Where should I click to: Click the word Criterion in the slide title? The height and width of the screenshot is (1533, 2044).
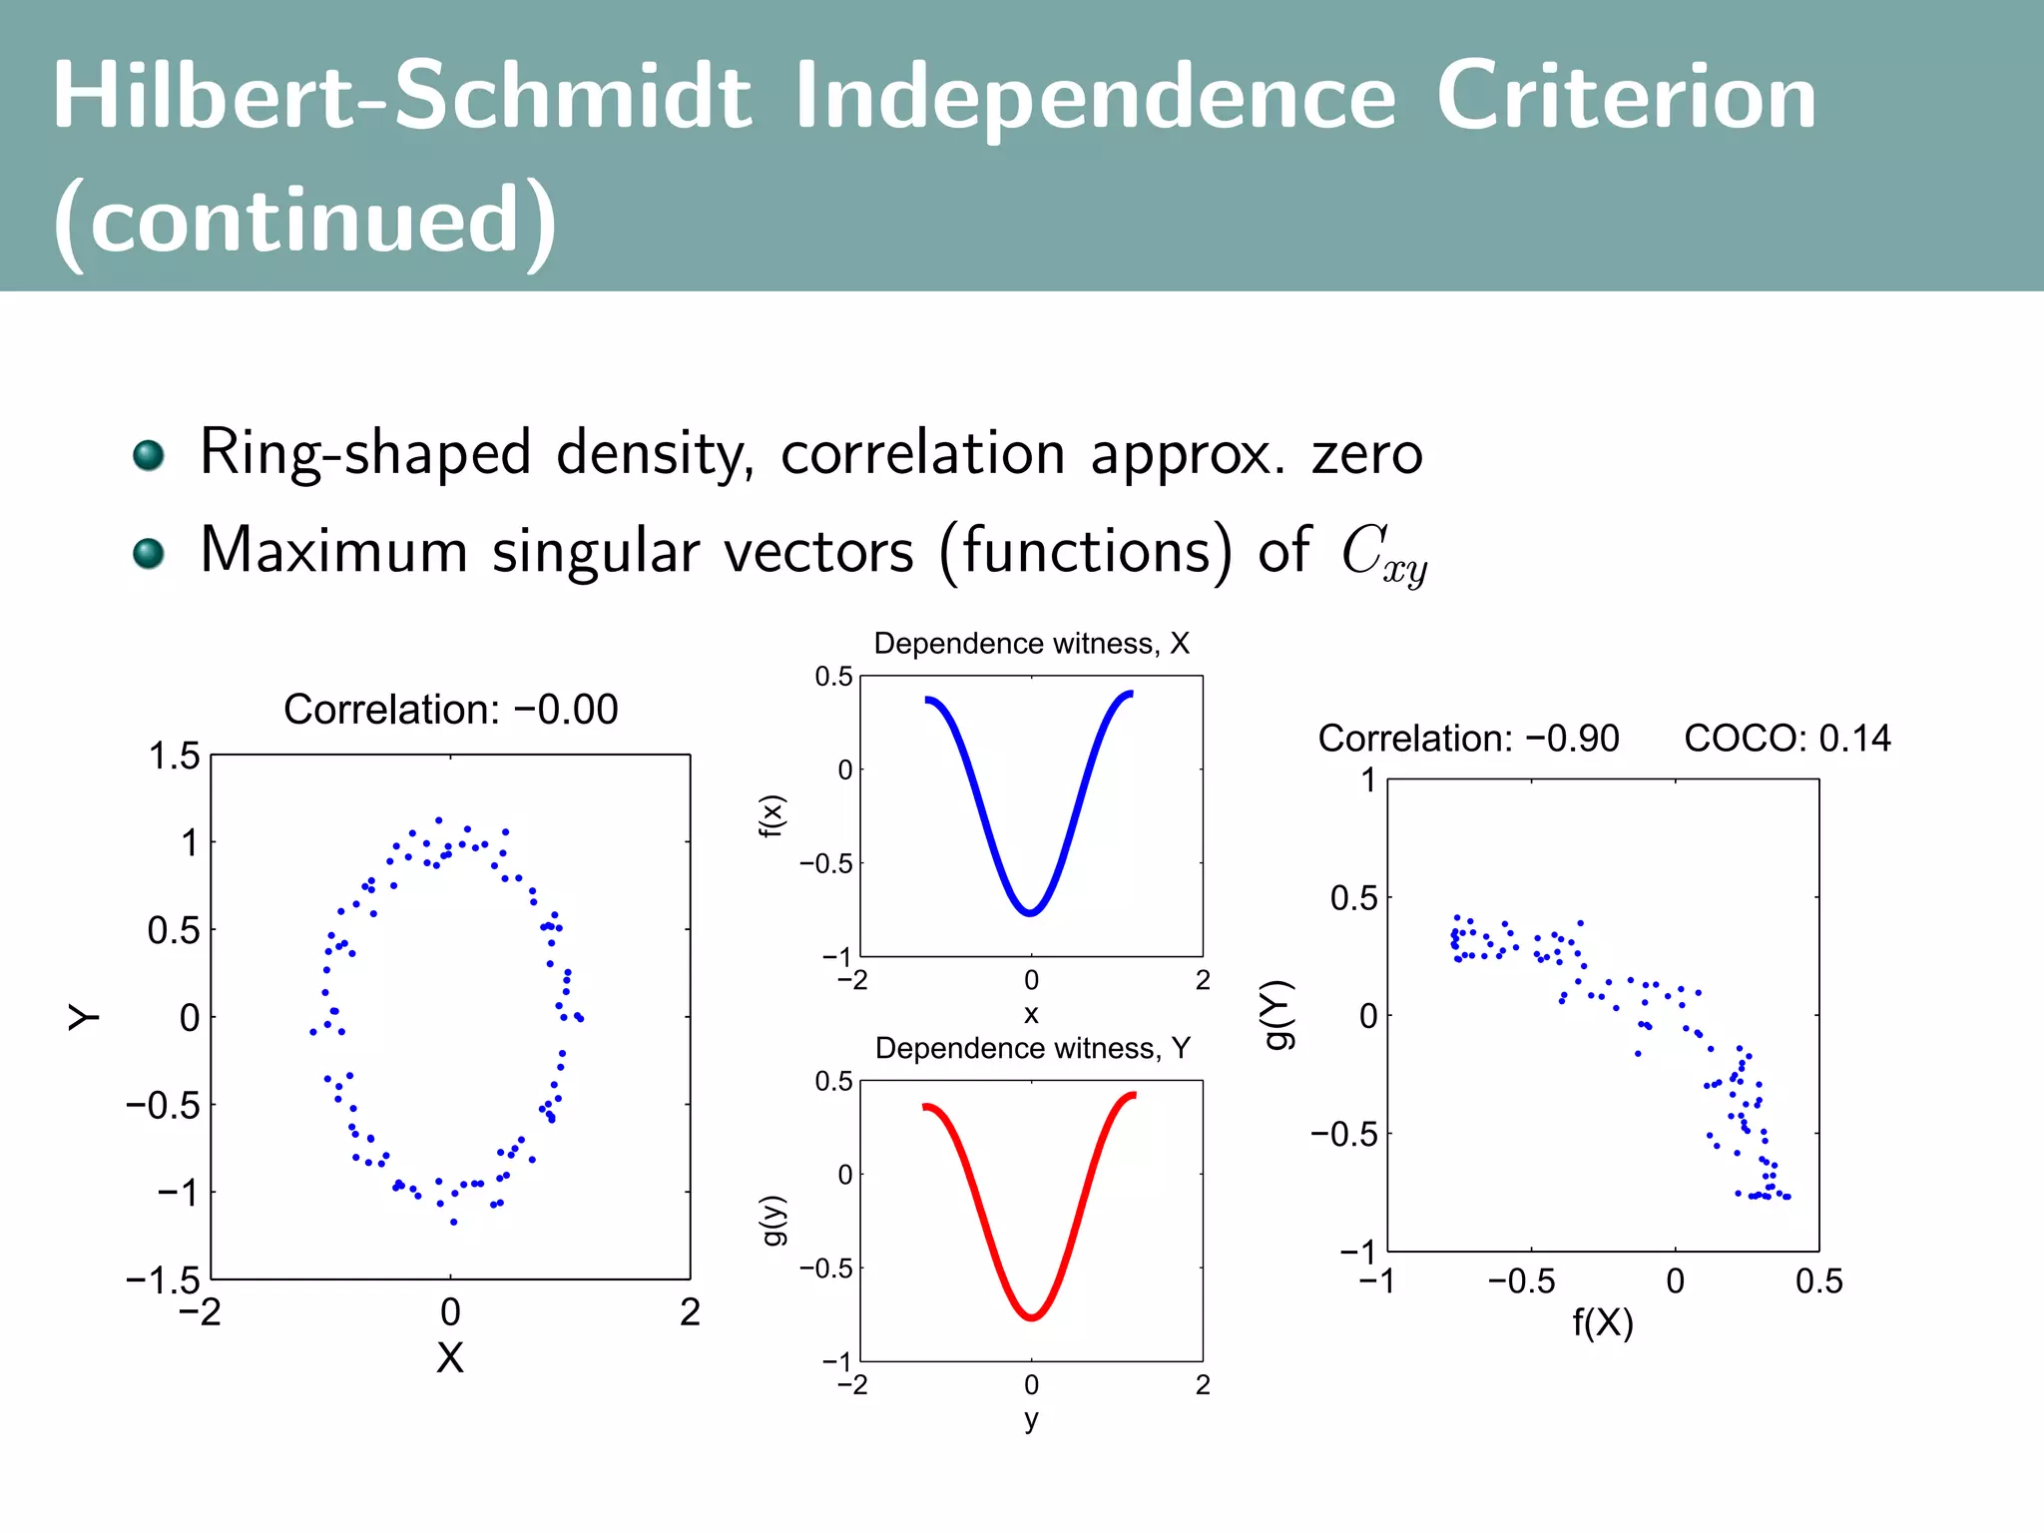[1626, 97]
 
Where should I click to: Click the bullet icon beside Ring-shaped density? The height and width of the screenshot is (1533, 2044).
[149, 455]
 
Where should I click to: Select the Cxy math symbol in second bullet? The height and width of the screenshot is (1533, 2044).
[1383, 554]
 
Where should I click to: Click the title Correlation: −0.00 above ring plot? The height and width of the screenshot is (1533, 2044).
[450, 710]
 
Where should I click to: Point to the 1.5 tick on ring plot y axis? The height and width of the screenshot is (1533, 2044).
[174, 757]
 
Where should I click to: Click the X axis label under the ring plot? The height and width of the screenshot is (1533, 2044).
[450, 1357]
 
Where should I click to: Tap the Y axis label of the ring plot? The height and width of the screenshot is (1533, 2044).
[85, 1017]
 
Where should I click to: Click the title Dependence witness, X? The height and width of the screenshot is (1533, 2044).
[1031, 644]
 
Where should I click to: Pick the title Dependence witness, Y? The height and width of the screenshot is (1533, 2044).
[1032, 1048]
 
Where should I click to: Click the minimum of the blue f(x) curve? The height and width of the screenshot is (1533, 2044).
[1030, 912]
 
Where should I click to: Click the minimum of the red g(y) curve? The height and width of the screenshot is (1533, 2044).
[1031, 1317]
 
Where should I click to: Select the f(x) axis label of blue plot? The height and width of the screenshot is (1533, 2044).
[772, 816]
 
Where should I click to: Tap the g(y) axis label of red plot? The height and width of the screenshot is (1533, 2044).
[774, 1220]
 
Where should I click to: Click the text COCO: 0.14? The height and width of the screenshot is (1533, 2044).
[1787, 739]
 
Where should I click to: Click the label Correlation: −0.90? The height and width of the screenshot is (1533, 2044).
[1468, 739]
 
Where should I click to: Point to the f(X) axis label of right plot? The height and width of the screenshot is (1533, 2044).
[1603, 1323]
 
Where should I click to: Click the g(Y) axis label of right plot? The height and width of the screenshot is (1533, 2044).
[1278, 1015]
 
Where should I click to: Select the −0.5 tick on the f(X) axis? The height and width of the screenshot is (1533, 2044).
[1521, 1281]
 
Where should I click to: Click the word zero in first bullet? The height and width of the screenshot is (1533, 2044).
[1366, 454]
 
